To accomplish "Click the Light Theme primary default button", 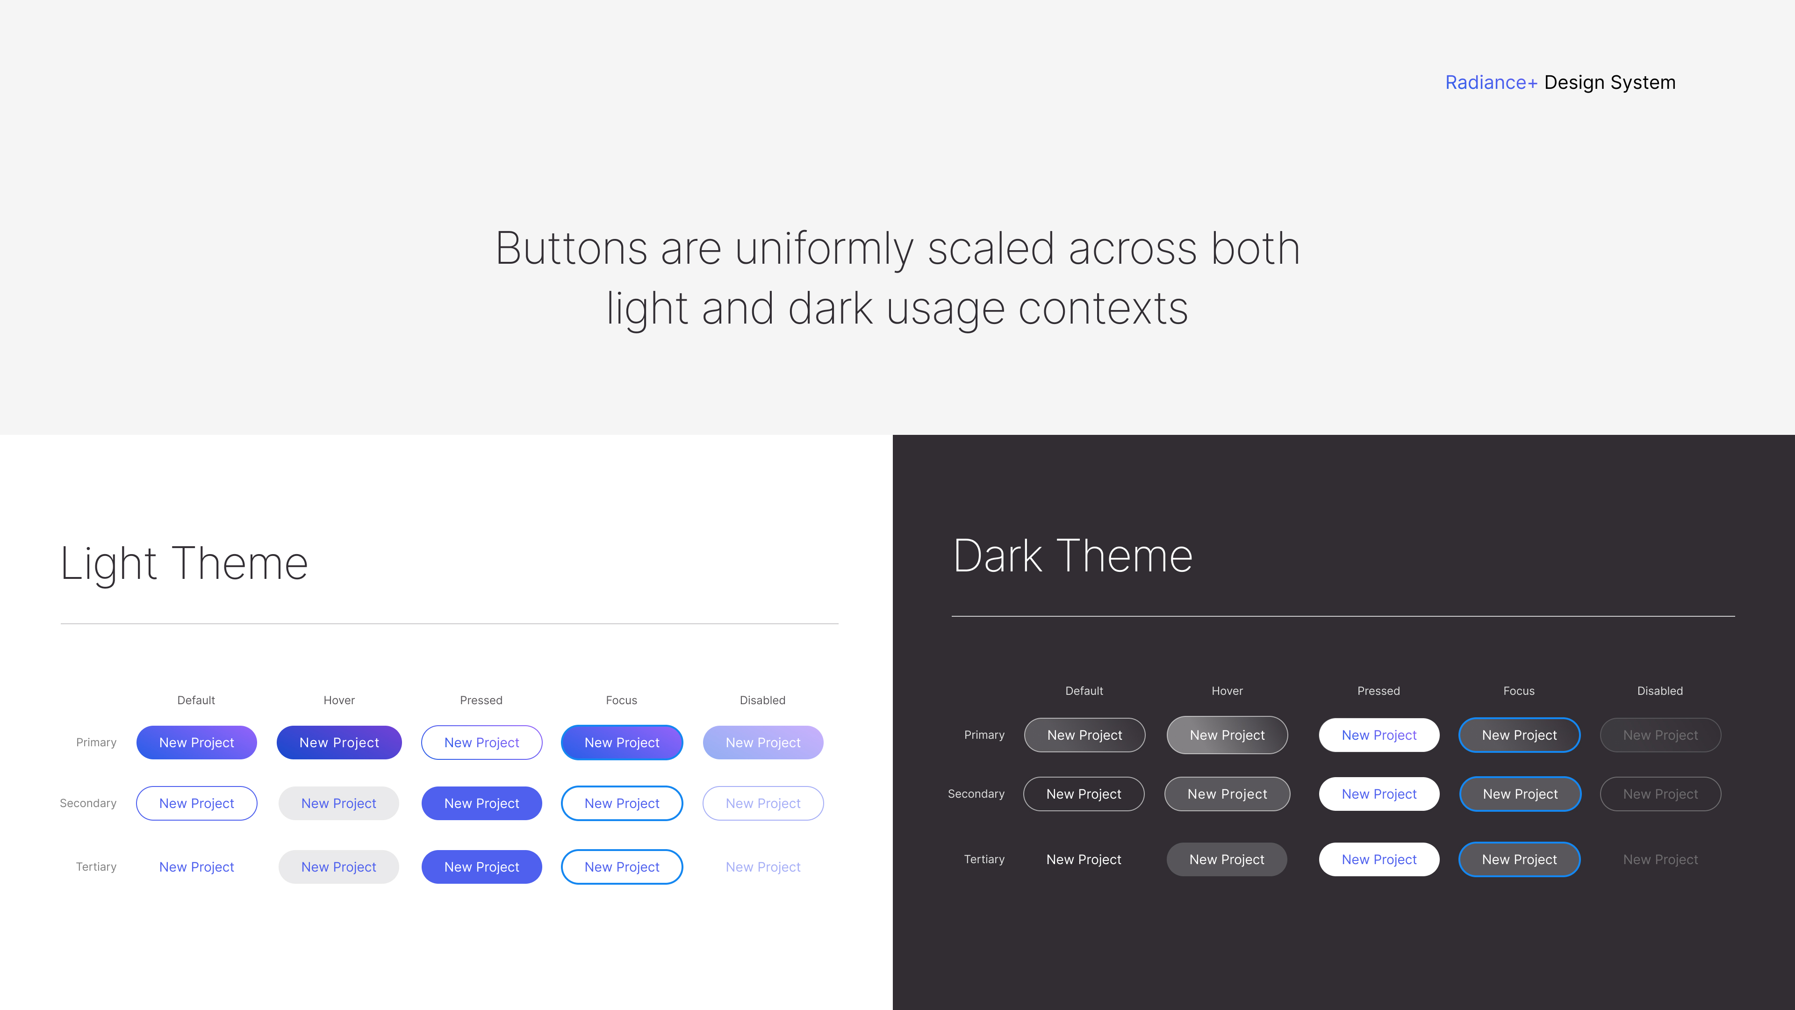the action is click(196, 743).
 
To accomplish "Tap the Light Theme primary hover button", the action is click(339, 743).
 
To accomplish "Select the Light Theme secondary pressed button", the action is click(481, 803).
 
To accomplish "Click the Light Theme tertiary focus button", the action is click(622, 866).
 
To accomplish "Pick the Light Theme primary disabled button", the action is click(763, 743).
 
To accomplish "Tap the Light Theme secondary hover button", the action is click(338, 803).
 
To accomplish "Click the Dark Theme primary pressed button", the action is click(1379, 735).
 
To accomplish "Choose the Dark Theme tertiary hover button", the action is click(1227, 859).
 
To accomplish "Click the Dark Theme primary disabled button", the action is click(1660, 735).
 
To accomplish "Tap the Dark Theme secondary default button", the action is click(1084, 794).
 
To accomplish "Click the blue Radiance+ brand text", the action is click(1491, 82).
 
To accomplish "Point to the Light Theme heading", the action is click(184, 563).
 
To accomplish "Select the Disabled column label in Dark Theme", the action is click(1660, 691).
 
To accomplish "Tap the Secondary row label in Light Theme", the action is click(88, 803).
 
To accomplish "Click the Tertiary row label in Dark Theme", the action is click(984, 859).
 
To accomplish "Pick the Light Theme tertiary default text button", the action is click(196, 866).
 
